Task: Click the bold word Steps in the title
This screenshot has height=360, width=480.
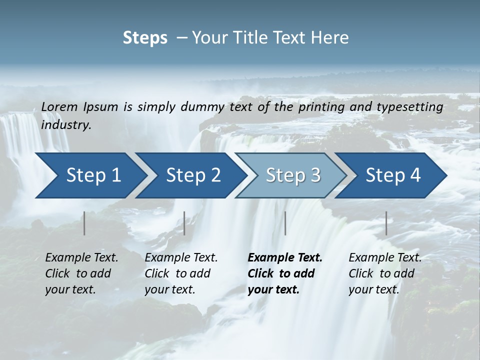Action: pyautogui.click(x=145, y=38)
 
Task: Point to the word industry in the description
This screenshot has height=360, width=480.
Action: pyautogui.click(x=66, y=124)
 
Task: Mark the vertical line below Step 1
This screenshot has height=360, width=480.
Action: pyautogui.click(x=84, y=223)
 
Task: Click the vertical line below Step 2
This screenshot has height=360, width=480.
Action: pyautogui.click(x=184, y=223)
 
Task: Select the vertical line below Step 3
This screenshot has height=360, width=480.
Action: pyautogui.click(x=285, y=223)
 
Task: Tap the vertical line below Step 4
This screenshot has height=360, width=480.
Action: pyautogui.click(x=386, y=223)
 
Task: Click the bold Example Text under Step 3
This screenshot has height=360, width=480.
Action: pyautogui.click(x=285, y=258)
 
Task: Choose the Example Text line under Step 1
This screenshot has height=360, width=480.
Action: pyautogui.click(x=81, y=258)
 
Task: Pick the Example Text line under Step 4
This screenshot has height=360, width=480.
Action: pyautogui.click(x=385, y=258)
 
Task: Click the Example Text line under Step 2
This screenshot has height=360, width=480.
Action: pyautogui.click(x=181, y=258)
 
